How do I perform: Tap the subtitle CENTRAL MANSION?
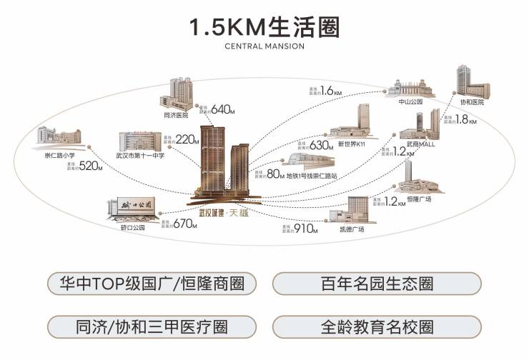(x=264, y=46)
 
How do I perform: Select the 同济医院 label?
(x=175, y=114)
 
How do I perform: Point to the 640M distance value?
(x=222, y=109)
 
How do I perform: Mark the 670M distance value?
(x=184, y=224)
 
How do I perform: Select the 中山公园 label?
(x=410, y=102)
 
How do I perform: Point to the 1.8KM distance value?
(x=464, y=119)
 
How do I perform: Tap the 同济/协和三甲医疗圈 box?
(x=152, y=326)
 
